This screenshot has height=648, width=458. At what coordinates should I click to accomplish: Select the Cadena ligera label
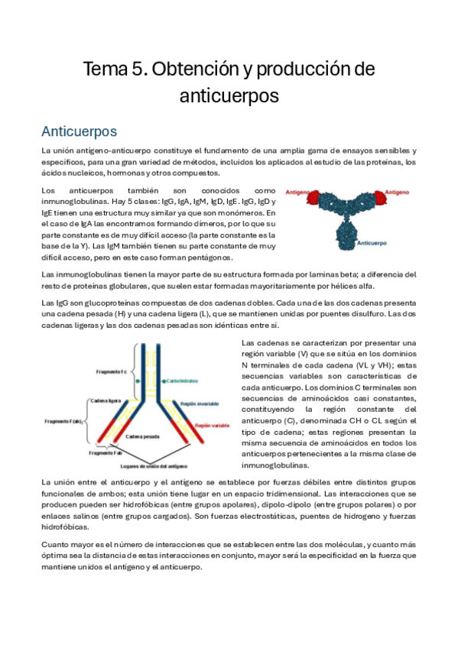click(x=107, y=400)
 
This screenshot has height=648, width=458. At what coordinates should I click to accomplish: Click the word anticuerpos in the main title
click(x=229, y=96)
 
